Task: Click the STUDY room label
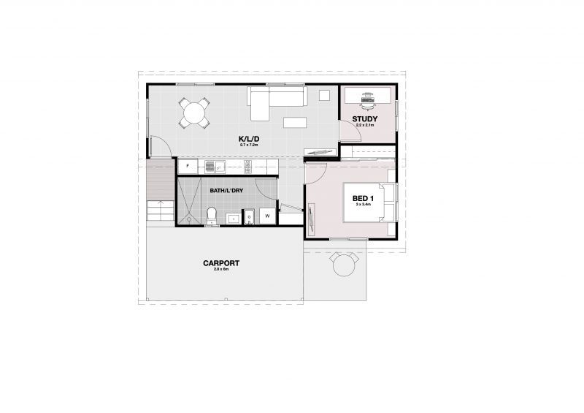tap(364, 118)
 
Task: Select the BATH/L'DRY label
tap(226, 191)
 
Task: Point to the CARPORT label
tap(221, 263)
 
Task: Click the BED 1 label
tap(363, 198)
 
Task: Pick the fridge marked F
tap(188, 167)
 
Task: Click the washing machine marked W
tap(268, 216)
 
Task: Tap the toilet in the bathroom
tap(212, 216)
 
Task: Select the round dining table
tap(194, 113)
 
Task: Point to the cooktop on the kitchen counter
tap(248, 167)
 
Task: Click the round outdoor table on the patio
tap(344, 265)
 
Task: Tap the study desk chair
tap(367, 95)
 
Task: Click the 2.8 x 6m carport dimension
tap(221, 270)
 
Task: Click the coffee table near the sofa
tap(295, 121)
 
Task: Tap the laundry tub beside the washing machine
tap(248, 216)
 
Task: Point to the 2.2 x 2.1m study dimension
tap(364, 125)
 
